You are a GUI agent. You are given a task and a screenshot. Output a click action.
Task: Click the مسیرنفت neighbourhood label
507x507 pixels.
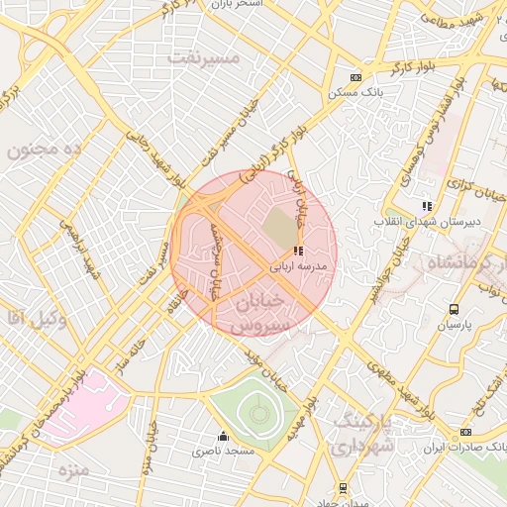[205, 56]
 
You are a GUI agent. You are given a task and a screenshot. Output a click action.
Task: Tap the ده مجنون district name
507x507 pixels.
[43, 149]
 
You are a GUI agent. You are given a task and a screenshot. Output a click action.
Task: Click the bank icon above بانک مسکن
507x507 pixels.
[356, 77]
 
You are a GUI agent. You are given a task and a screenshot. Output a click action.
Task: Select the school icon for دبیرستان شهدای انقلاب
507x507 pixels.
[427, 206]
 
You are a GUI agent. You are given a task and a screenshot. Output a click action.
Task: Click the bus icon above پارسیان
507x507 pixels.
[455, 310]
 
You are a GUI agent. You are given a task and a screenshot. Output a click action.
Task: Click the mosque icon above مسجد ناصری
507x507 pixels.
[223, 436]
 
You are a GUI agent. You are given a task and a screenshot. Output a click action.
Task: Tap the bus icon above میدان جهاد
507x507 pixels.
[343, 487]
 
